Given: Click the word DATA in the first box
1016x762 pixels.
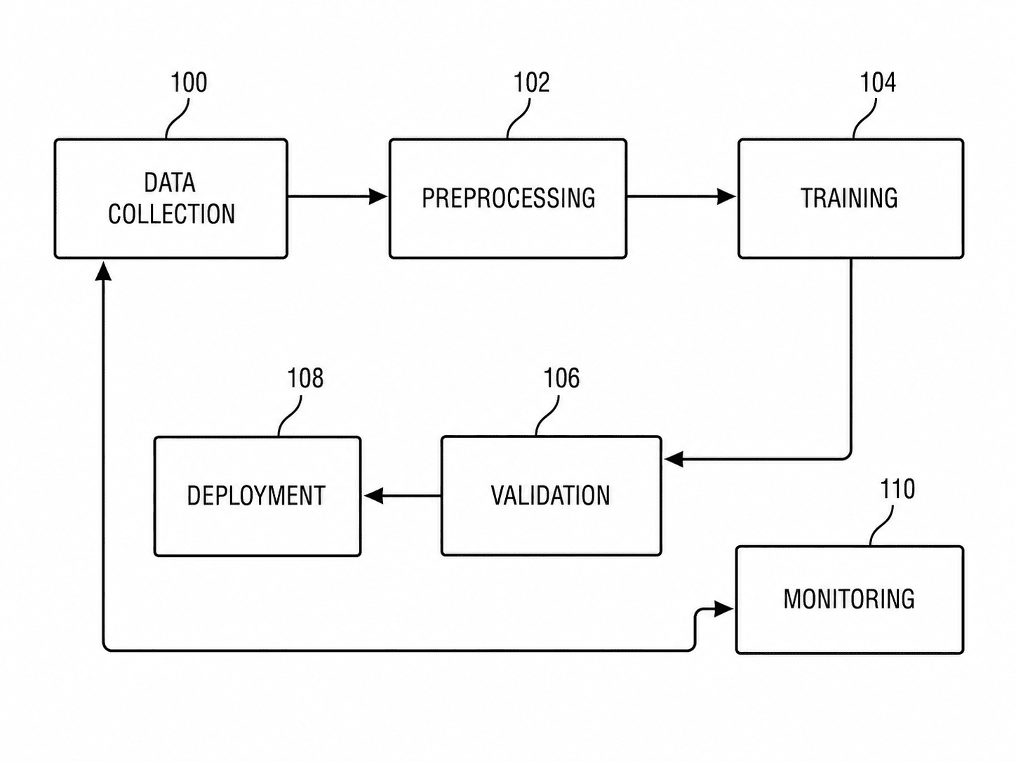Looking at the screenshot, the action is click(169, 182).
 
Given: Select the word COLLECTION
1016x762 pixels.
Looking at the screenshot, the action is click(172, 214).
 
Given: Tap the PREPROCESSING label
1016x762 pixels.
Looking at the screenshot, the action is click(508, 198).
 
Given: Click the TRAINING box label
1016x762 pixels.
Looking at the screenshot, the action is click(849, 198).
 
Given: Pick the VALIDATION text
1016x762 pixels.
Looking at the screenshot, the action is click(550, 495).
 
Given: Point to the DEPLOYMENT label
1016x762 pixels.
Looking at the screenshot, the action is click(256, 496).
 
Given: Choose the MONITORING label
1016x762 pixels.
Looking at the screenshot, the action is click(849, 599).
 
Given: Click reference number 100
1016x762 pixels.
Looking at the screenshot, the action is click(189, 83).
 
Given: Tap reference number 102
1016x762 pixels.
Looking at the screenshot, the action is click(531, 83).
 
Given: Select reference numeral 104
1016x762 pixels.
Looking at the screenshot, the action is click(878, 83).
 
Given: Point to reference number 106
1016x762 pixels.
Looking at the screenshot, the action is click(561, 378).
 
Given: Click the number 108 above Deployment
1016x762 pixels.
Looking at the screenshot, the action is click(305, 378).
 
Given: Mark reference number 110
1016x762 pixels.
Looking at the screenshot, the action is click(897, 489).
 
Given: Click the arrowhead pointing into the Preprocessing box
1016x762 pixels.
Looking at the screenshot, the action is click(378, 196).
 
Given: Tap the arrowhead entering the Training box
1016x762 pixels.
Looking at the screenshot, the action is click(727, 196).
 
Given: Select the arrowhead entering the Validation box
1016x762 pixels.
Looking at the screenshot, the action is click(674, 460).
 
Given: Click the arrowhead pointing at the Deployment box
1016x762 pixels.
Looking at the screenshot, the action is click(373, 496).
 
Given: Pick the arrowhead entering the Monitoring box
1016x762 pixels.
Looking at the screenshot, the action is click(724, 609).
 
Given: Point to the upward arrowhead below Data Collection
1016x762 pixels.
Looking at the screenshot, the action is click(103, 271).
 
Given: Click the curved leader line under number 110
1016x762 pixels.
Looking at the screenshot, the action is click(881, 526).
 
